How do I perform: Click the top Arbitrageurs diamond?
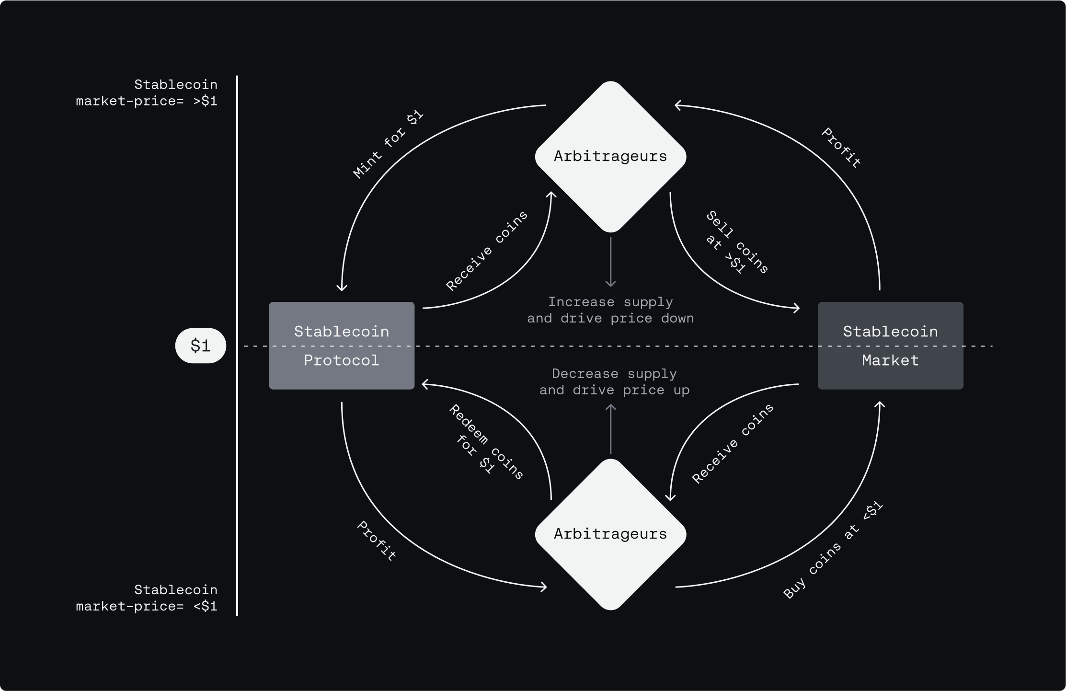pyautogui.click(x=610, y=156)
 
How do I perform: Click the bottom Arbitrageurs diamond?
pyautogui.click(x=610, y=534)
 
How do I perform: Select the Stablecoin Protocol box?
pyautogui.click(x=341, y=345)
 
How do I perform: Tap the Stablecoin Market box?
pyautogui.click(x=890, y=345)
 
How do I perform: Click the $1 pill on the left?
pyautogui.click(x=200, y=345)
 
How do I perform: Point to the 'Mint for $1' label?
pyautogui.click(x=388, y=144)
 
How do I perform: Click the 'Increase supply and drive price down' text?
pyautogui.click(x=610, y=310)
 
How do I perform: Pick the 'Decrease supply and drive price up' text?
pyautogui.click(x=614, y=382)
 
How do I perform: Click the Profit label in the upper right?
pyautogui.click(x=841, y=148)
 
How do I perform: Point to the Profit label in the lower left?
pyautogui.click(x=377, y=541)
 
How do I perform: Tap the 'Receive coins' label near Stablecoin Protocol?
pyautogui.click(x=486, y=251)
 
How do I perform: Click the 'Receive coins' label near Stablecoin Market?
pyautogui.click(x=733, y=443)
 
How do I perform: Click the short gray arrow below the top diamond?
pyautogui.click(x=610, y=262)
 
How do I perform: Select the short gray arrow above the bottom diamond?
pyautogui.click(x=610, y=428)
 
